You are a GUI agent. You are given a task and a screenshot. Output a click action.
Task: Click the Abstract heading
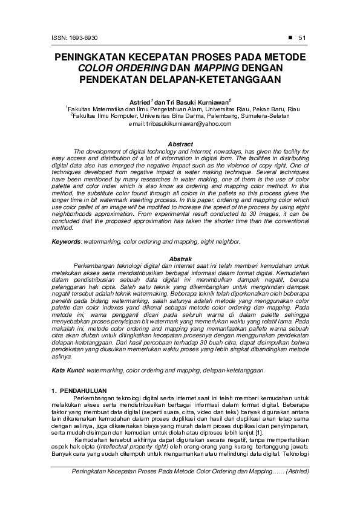pyautogui.click(x=180, y=144)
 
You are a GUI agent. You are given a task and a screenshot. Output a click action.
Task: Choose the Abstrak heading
pyautogui.click(x=180, y=258)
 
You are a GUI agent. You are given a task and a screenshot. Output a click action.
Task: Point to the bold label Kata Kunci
pyautogui.click(x=68, y=369)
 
